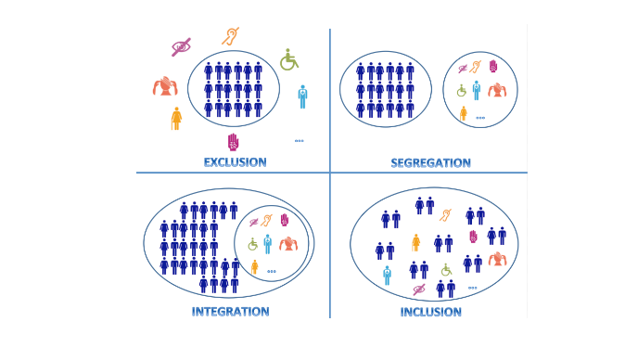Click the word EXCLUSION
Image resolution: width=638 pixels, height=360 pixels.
pyautogui.click(x=236, y=162)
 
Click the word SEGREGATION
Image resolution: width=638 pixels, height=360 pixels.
pyautogui.click(x=430, y=163)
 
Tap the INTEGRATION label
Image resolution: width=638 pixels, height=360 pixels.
pyautogui.click(x=230, y=312)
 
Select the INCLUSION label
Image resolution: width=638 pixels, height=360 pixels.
pyautogui.click(x=430, y=312)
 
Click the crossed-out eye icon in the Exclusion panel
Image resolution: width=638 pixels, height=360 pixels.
pyautogui.click(x=181, y=46)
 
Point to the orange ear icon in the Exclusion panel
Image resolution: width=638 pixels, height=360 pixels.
pyautogui.click(x=230, y=36)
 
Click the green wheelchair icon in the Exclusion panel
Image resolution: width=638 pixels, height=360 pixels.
pyautogui.click(x=289, y=59)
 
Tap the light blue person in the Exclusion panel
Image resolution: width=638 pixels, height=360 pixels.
pyautogui.click(x=302, y=96)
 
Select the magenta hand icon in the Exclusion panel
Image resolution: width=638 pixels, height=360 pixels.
pyautogui.click(x=233, y=142)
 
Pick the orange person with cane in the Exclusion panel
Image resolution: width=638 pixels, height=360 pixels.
pyautogui.click(x=176, y=119)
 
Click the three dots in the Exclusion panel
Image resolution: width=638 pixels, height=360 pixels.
pyautogui.click(x=299, y=141)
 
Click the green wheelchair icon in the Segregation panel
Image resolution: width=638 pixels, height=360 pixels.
pyautogui.click(x=461, y=90)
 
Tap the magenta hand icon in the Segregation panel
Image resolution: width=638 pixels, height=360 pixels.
pyautogui.click(x=492, y=67)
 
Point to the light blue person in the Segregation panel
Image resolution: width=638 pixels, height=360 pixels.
pyautogui.click(x=476, y=90)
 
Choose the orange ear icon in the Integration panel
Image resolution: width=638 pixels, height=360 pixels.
pyautogui.click(x=266, y=220)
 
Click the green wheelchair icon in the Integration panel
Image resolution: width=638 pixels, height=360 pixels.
pyautogui.click(x=252, y=244)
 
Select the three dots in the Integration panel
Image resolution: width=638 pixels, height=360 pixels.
pyautogui.click(x=272, y=271)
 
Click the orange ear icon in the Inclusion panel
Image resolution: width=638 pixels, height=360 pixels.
pyautogui.click(x=445, y=215)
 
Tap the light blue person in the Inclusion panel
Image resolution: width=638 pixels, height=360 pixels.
pyautogui.click(x=387, y=276)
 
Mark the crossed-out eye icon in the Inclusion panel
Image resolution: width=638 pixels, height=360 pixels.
pyautogui.click(x=419, y=289)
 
